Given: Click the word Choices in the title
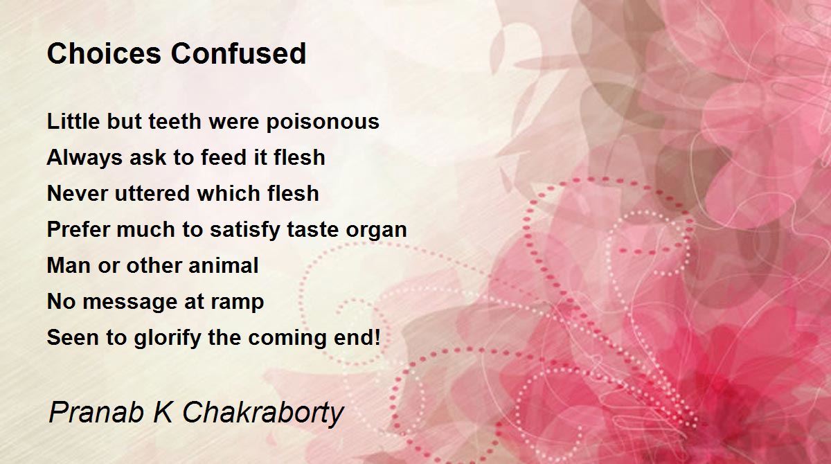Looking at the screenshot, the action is pyautogui.click(x=105, y=53).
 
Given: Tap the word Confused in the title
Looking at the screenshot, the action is pyautogui.click(x=238, y=53).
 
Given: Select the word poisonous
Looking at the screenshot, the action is pyautogui.click(x=323, y=123).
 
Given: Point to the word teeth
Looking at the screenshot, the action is pyautogui.click(x=175, y=121).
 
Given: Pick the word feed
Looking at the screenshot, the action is pyautogui.click(x=224, y=157).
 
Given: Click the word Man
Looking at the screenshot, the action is pyautogui.click(x=69, y=265).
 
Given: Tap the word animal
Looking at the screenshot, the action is pyautogui.click(x=223, y=265).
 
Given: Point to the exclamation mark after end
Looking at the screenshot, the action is pyautogui.click(x=377, y=337).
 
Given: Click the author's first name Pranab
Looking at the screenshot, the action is pyautogui.click(x=96, y=412).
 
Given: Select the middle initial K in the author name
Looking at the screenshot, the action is pyautogui.click(x=163, y=412).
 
